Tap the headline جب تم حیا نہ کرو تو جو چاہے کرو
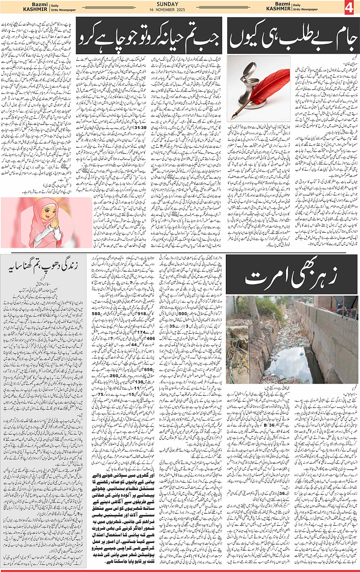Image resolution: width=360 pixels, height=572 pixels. (x=149, y=36)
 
